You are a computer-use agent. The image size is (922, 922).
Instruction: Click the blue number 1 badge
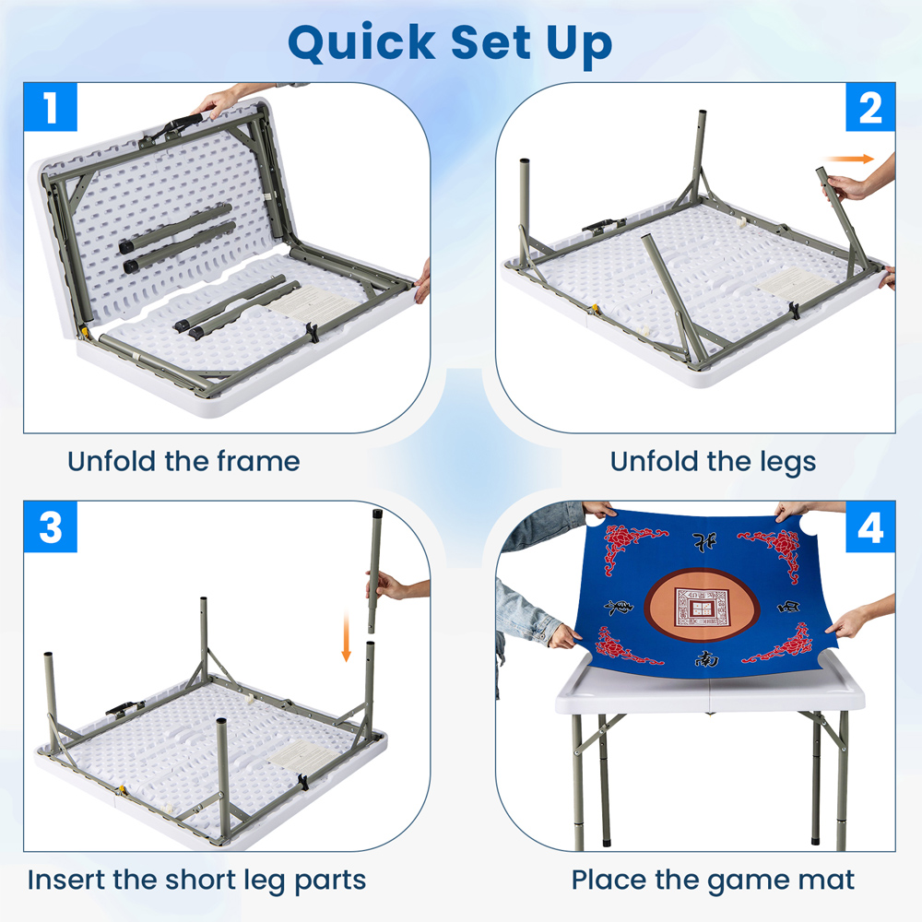pyautogui.click(x=51, y=107)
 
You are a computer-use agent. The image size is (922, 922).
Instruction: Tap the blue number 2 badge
pyautogui.click(x=870, y=107)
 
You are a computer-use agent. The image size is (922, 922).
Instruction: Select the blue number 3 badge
pyautogui.click(x=51, y=526)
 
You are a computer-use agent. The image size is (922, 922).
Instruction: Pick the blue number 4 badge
pyautogui.click(x=870, y=526)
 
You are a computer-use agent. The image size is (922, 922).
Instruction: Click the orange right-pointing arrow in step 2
pyautogui.click(x=848, y=159)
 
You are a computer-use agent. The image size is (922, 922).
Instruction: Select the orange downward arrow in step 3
pyautogui.click(x=347, y=636)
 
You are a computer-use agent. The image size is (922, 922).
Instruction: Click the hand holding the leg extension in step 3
pyautogui.click(x=389, y=585)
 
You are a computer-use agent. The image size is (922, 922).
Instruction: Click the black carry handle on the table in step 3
pyautogui.click(x=125, y=708)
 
